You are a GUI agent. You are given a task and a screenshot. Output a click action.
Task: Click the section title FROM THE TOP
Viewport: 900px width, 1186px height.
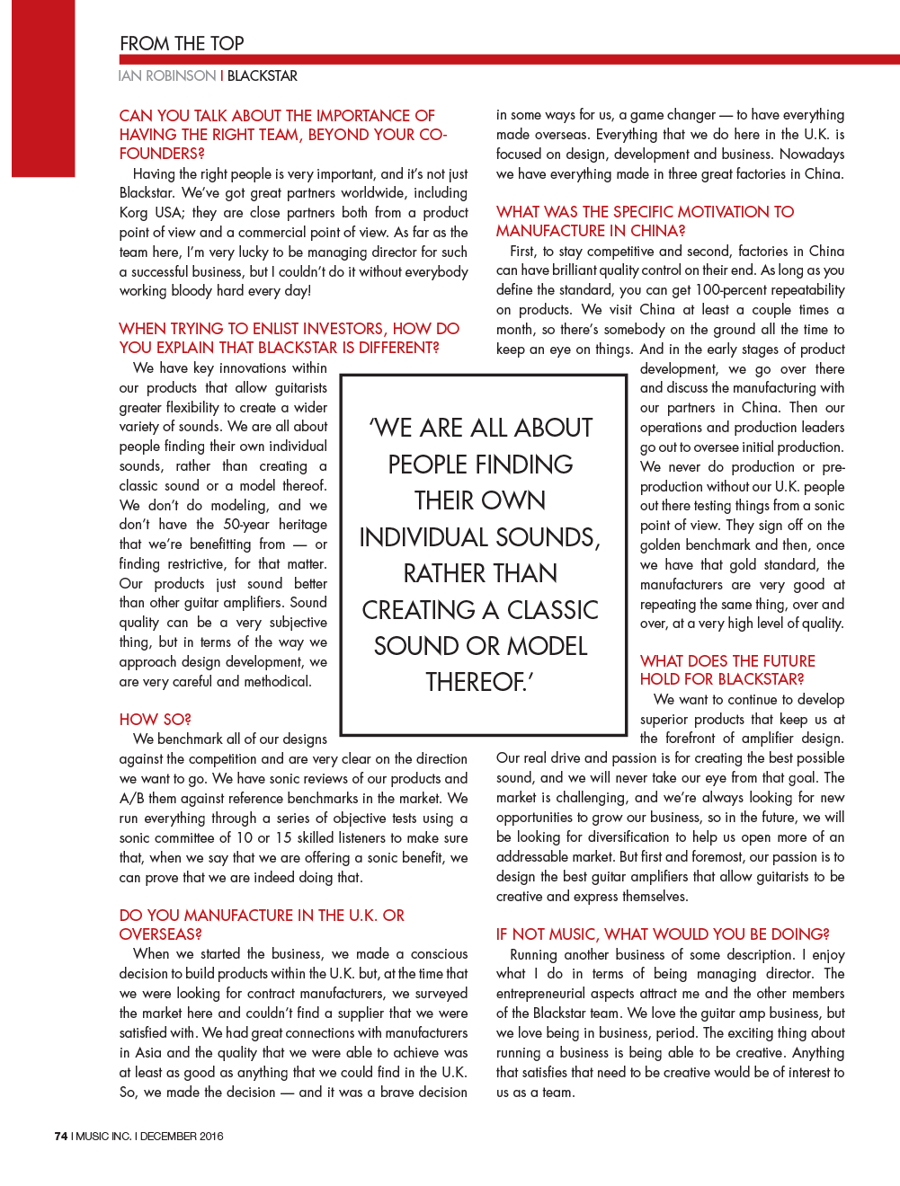click(182, 44)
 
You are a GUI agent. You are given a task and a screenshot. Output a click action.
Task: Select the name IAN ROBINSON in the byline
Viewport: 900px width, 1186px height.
click(167, 76)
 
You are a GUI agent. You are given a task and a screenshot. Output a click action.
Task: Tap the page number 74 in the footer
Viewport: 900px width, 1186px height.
click(60, 1136)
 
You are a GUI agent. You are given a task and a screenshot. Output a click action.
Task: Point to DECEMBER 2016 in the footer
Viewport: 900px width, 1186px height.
click(182, 1136)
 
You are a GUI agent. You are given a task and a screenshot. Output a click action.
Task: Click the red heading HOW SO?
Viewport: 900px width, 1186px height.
click(155, 720)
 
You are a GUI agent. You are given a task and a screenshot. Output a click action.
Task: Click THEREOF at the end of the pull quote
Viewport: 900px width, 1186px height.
click(478, 683)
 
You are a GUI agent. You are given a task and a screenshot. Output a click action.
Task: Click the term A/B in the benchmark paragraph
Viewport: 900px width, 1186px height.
click(131, 799)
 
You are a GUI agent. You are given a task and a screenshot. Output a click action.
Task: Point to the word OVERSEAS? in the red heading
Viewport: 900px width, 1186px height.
click(161, 934)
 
